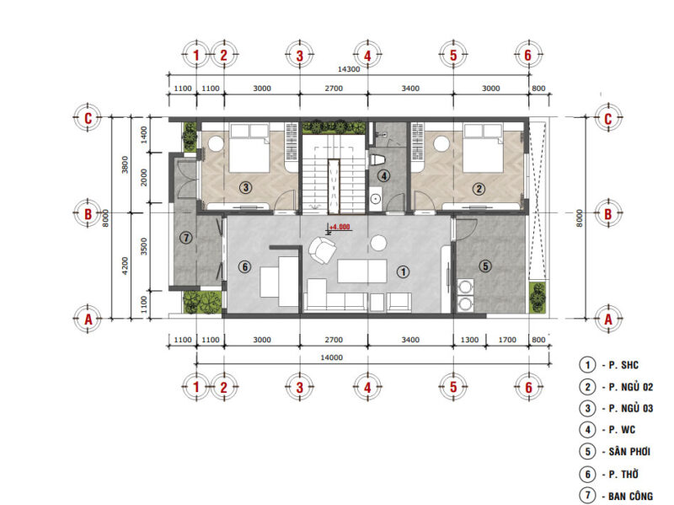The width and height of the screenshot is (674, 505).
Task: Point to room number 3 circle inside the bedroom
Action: pos(245,186)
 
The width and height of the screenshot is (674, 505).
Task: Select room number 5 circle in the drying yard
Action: pos(484,266)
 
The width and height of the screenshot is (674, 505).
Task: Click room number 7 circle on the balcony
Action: pos(187,239)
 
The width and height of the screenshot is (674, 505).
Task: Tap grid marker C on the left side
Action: pos(88,118)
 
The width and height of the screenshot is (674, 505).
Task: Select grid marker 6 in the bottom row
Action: pos(527,387)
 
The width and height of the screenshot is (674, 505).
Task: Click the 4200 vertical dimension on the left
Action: pos(126,266)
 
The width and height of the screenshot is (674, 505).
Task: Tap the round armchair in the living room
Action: pos(322,250)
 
